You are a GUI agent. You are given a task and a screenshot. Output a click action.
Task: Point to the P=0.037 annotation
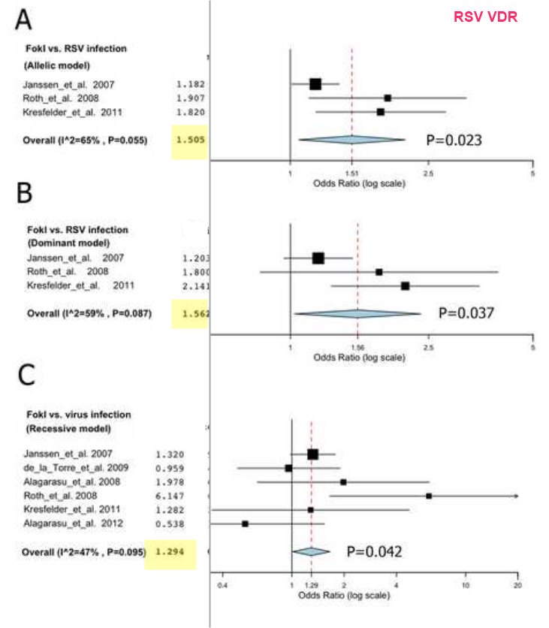coord(466,313)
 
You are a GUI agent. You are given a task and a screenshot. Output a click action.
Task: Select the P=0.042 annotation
coord(374,551)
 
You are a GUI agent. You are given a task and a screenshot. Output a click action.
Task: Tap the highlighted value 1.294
coord(170,552)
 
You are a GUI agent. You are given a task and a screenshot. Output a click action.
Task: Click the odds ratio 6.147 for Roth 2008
coord(170,496)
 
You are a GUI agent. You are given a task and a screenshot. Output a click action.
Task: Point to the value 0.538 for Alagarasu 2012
coord(170,523)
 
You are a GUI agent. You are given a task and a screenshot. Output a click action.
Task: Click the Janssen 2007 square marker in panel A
coord(315,84)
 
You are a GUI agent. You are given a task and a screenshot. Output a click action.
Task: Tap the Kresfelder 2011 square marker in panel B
coord(406,285)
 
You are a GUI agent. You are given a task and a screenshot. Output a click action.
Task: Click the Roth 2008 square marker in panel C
coord(429,496)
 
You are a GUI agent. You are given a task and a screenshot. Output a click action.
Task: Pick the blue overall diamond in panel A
coord(351,140)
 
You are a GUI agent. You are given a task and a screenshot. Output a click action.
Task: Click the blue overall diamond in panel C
coord(311,551)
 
